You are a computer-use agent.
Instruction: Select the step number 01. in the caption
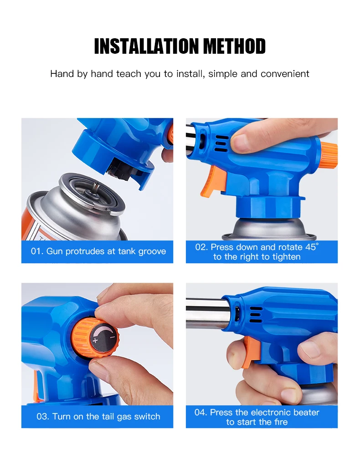tap(37, 251)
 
